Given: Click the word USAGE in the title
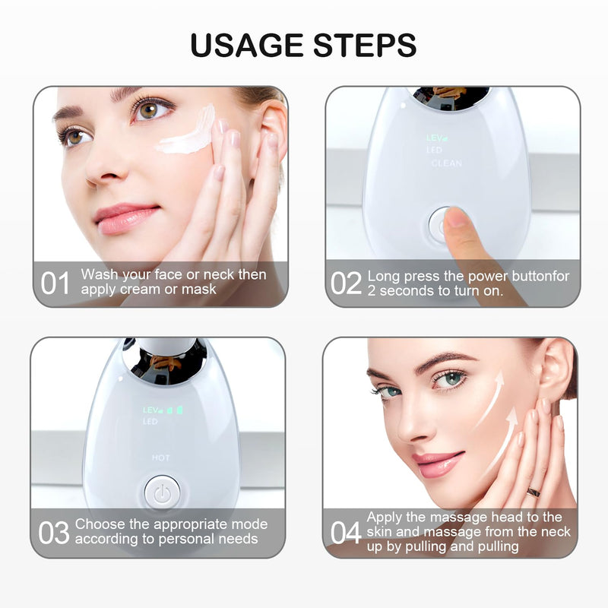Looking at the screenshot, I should click(x=244, y=45).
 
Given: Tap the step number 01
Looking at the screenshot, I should click(x=55, y=283).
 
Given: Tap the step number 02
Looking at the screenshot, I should click(x=346, y=283).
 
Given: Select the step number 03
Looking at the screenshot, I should click(x=54, y=533).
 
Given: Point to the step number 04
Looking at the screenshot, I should click(x=346, y=533).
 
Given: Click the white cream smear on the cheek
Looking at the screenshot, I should click(x=187, y=133).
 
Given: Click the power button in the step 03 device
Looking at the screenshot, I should click(x=160, y=492).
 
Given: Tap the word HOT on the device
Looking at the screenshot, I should click(x=160, y=458).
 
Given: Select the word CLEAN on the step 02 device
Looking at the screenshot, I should click(x=446, y=163).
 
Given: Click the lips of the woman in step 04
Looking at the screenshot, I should click(x=438, y=464).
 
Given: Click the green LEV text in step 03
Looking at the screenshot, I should click(x=150, y=410).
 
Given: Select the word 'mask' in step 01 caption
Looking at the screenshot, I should click(x=200, y=290).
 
